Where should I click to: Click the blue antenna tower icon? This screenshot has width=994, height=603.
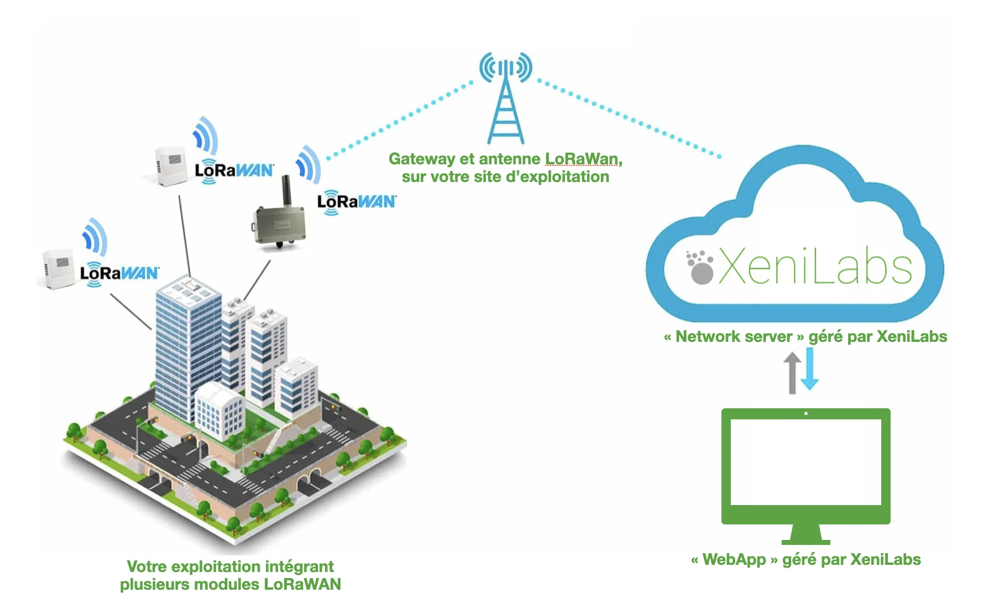tap(505, 100)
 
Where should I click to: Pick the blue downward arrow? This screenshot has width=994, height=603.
tap(810, 369)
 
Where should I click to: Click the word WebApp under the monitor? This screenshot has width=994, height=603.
tap(734, 559)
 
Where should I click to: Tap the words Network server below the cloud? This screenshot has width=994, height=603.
tap(734, 336)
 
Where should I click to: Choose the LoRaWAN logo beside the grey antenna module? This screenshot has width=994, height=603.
tap(357, 201)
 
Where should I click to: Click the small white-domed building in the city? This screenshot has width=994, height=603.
tap(219, 409)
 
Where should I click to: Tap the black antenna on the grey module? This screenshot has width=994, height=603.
tap(286, 190)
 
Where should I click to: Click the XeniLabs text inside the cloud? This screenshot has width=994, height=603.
tap(815, 268)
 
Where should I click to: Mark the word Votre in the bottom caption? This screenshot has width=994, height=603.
tap(146, 566)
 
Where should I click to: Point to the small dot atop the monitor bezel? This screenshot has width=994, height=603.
tap(806, 413)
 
